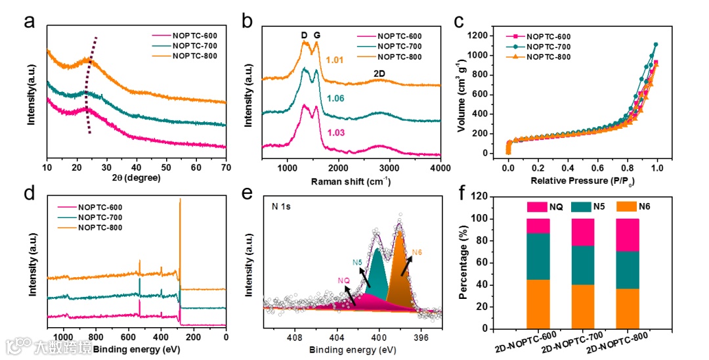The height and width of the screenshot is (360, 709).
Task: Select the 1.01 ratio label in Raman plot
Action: coord(335,61)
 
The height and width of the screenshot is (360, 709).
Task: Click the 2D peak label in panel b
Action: coord(379,73)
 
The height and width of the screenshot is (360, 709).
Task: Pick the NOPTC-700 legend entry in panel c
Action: coord(548,47)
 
